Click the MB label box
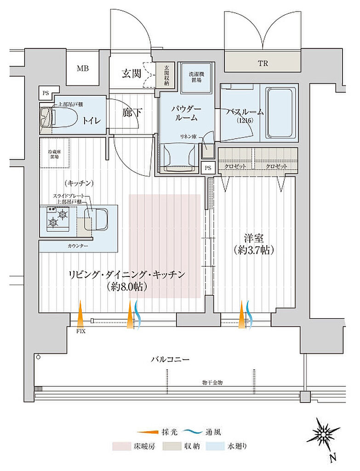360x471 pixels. click(x=83, y=69)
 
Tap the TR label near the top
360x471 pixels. click(x=263, y=63)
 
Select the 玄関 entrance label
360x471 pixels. click(x=131, y=74)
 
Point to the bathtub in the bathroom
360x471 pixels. click(x=281, y=113)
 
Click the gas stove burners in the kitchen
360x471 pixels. click(x=57, y=218)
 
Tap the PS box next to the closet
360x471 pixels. click(x=208, y=168)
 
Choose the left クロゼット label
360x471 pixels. click(x=235, y=166)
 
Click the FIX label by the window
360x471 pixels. click(x=81, y=331)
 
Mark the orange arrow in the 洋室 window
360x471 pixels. click(x=242, y=315)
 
